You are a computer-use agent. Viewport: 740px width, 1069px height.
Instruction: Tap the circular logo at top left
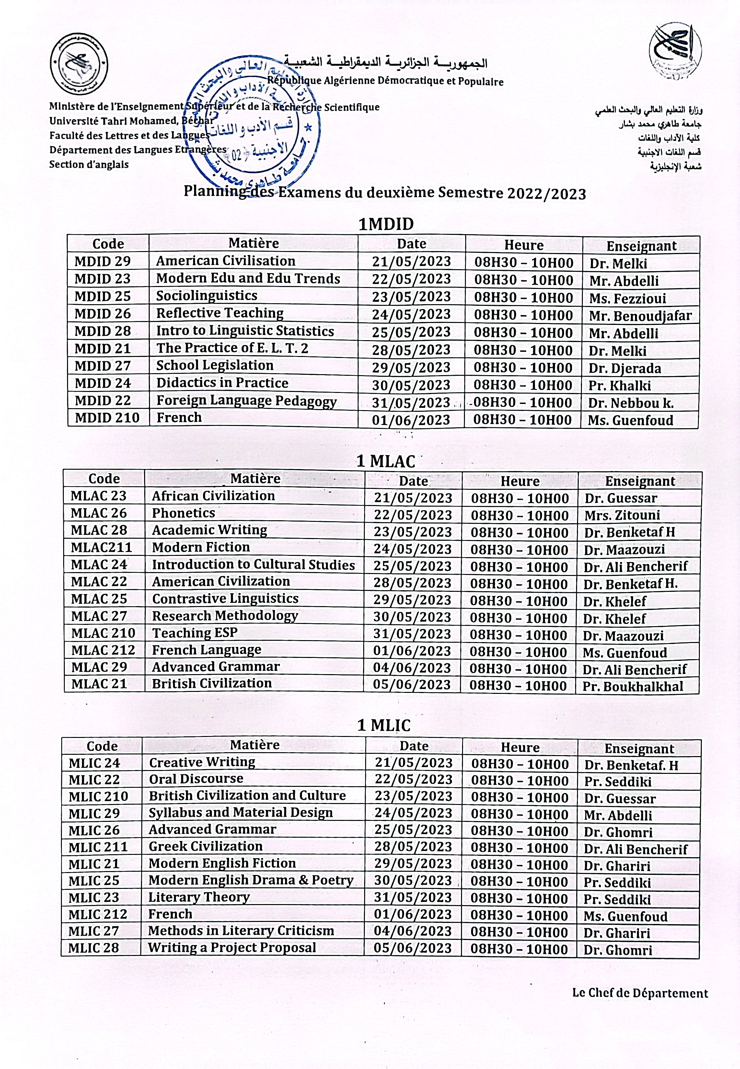coord(79,64)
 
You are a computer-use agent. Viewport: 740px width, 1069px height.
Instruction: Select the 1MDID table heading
coord(386,224)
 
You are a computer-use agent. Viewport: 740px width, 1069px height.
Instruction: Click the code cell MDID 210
coord(107,418)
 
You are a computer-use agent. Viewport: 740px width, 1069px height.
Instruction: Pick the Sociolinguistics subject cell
coord(206,296)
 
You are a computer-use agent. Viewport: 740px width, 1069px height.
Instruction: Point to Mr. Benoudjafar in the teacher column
coord(640,316)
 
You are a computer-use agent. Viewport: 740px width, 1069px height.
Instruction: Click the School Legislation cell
coord(215,365)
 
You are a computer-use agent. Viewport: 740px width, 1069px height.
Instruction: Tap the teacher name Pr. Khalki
coord(619,386)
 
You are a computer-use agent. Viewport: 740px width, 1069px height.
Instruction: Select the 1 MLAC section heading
coord(386,461)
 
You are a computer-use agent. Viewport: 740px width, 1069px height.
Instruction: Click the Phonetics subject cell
coord(184,513)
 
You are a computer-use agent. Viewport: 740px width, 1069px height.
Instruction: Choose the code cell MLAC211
coord(101,547)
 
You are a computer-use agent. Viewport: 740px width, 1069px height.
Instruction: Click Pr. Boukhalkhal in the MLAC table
coord(633,686)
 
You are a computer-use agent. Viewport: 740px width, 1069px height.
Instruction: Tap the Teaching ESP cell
coord(195,633)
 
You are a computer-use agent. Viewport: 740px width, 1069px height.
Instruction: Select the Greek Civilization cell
coord(205,846)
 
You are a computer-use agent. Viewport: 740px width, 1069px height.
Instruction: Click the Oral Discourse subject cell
coord(196,779)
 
